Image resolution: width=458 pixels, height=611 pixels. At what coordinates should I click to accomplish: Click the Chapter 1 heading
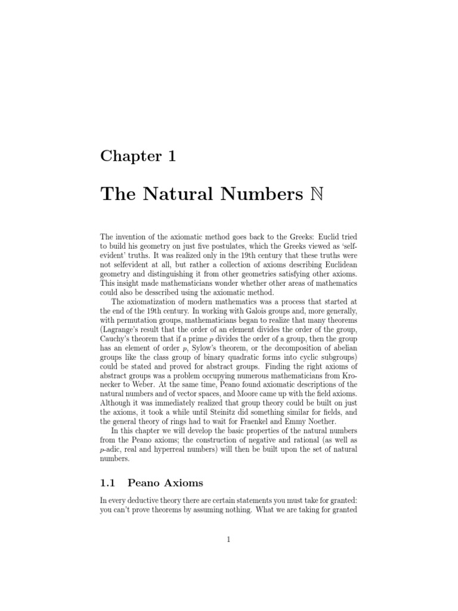click(x=138, y=156)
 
